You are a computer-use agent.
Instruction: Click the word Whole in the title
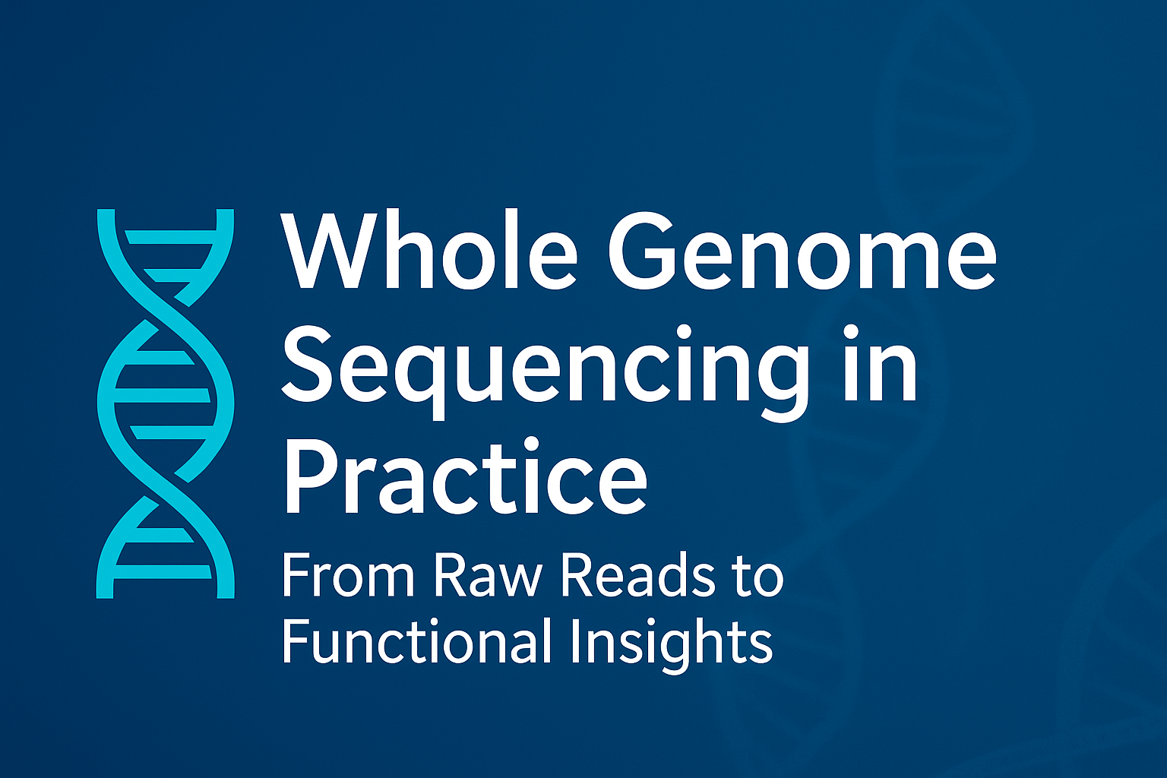429,250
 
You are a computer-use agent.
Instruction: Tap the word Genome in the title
802,251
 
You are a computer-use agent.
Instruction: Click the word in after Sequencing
876,362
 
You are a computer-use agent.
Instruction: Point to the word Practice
464,476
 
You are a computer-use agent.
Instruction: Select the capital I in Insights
574,640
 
